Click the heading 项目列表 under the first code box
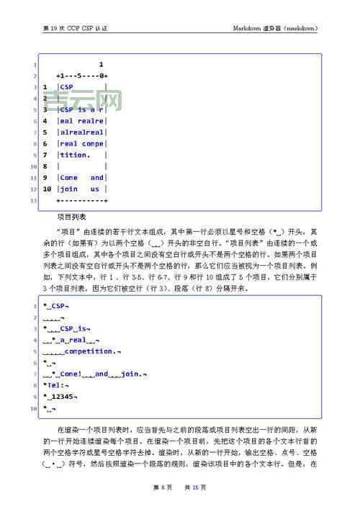pos(71,215)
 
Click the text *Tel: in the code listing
pos(54,384)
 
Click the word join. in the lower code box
pos(131,374)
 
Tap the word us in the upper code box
pos(94,189)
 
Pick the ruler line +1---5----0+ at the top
pos(81,75)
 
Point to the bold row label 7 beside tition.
pos(45,155)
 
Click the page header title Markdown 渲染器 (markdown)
pos(275,28)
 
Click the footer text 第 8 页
pos(163,487)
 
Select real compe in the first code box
pos(82,143)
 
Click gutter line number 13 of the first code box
pos(33,200)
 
